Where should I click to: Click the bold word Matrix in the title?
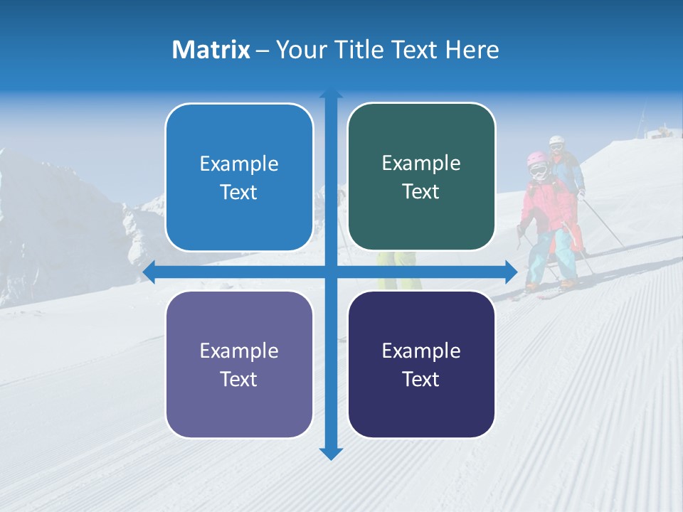[x=211, y=50]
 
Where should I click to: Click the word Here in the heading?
[x=472, y=50]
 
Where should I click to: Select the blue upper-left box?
[x=239, y=178]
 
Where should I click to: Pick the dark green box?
[x=421, y=177]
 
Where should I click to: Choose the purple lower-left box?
[x=239, y=365]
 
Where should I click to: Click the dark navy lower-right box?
[x=421, y=365]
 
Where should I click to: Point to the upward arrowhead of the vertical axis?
[x=331, y=95]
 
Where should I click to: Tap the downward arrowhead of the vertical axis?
[x=331, y=454]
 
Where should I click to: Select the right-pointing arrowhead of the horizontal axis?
[x=510, y=272]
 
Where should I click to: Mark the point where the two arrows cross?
[x=331, y=272]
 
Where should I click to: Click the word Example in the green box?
[x=421, y=163]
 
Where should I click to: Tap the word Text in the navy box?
[x=421, y=379]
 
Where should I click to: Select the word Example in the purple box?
[x=239, y=351]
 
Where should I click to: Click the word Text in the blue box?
[x=239, y=192]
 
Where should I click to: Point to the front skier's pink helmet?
[x=536, y=162]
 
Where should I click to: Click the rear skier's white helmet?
[x=556, y=141]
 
